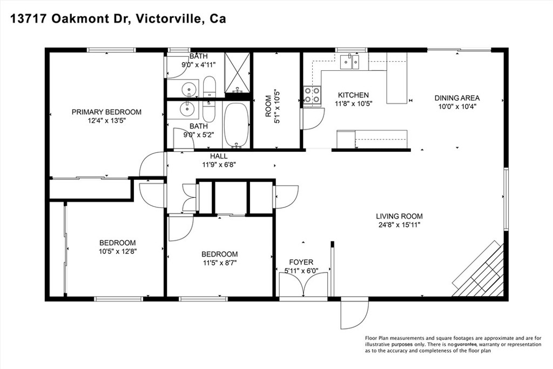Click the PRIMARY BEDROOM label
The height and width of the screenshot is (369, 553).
106,112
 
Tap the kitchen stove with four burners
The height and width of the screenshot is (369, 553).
312,95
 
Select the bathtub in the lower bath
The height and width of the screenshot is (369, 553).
236,125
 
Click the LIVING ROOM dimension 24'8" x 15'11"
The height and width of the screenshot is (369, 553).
399,225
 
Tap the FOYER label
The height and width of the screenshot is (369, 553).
301,263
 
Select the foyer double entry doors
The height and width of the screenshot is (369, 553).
304,285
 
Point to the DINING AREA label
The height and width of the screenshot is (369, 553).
457,98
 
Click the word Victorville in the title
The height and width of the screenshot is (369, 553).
170,19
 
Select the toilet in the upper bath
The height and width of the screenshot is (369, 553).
209,87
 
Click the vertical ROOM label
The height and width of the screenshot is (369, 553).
268,109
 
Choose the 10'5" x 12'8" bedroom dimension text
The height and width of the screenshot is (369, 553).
117,251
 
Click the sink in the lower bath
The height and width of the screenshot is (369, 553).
187,110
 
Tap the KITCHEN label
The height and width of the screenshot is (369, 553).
353,95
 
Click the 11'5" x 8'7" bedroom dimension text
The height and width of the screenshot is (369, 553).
219,263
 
